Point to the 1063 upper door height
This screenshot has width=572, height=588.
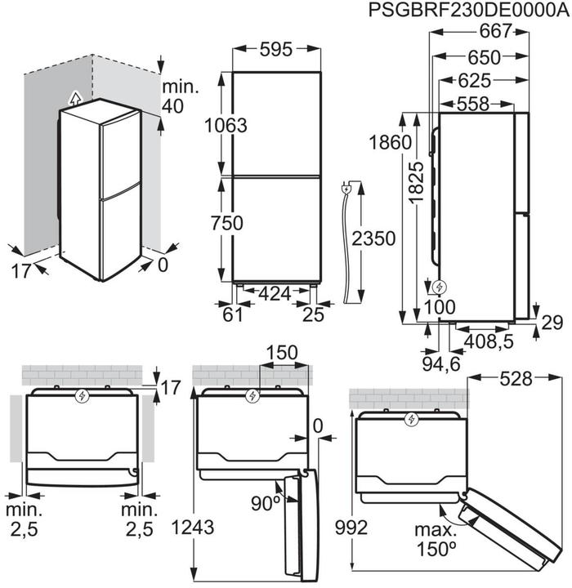pyautogui.click(x=225, y=125)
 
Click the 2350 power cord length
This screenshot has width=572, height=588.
pyautogui.click(x=373, y=239)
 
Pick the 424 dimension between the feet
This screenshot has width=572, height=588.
pyautogui.click(x=275, y=292)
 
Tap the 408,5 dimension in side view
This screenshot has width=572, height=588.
pyautogui.click(x=489, y=341)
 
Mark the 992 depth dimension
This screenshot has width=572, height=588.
pyautogui.click(x=352, y=528)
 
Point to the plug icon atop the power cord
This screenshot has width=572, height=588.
pyautogui.click(x=349, y=189)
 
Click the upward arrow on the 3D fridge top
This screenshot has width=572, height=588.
pyautogui.click(x=76, y=98)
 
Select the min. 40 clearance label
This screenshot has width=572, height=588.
pyautogui.click(x=181, y=96)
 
